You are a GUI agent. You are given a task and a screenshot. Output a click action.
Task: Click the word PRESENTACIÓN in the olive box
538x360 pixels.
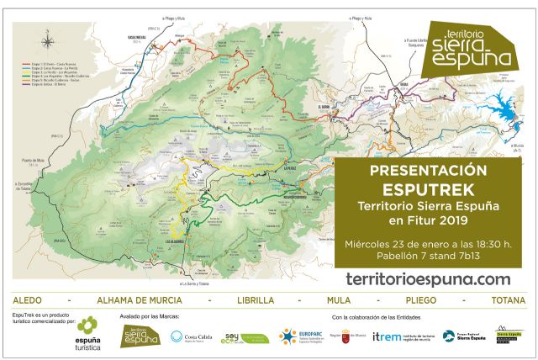point(428,170)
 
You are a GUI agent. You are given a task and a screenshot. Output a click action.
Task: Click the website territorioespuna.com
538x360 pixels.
point(428,278)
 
